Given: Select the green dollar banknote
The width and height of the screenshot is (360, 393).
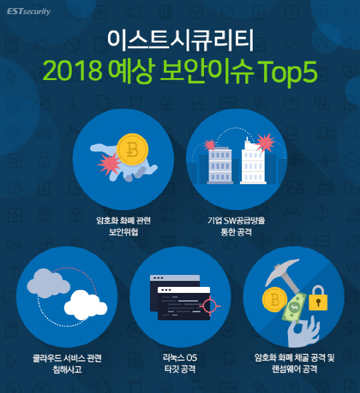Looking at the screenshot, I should click(x=295, y=308).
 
